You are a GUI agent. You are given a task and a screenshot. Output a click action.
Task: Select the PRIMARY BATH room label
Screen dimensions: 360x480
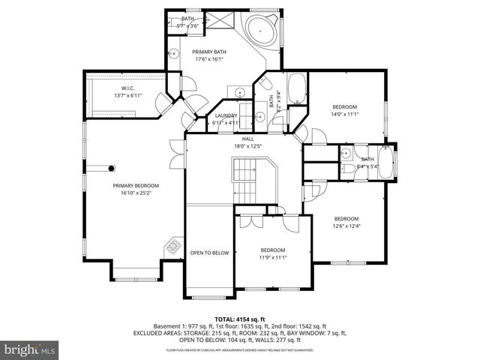click(x=210, y=52)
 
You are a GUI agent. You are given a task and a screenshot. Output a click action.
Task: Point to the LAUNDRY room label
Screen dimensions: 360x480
click(x=225, y=116)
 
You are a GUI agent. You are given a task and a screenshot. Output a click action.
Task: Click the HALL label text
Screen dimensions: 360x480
click(x=247, y=139)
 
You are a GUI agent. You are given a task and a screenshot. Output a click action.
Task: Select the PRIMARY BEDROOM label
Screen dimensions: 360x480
click(x=136, y=185)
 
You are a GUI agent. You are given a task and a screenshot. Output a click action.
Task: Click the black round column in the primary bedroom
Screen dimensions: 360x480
click(x=112, y=169)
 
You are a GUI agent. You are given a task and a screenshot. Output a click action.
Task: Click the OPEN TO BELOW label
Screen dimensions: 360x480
click(x=209, y=253)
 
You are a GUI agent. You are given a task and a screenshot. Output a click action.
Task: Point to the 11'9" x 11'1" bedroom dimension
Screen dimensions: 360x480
click(x=273, y=257)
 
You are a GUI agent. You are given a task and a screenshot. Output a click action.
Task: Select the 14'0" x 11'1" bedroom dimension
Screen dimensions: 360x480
click(x=345, y=115)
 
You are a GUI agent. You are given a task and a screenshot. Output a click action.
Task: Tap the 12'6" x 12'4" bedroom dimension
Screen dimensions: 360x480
click(x=346, y=226)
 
